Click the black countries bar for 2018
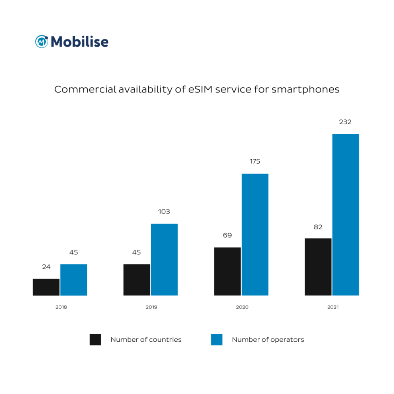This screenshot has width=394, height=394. click(46, 287)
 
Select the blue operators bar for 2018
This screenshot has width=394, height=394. click(74, 280)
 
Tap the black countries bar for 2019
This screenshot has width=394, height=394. click(137, 280)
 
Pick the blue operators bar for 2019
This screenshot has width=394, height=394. click(164, 260)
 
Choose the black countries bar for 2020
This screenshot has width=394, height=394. click(228, 271)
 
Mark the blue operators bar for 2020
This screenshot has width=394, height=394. click(255, 234)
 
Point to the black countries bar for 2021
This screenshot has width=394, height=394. click(318, 267)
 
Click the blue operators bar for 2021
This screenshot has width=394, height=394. click(345, 215)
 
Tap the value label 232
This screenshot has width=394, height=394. click(345, 122)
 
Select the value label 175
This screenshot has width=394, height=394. click(255, 161)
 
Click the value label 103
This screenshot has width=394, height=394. click(164, 211)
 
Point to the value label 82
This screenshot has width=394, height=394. click(318, 227)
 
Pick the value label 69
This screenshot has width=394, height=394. click(228, 235)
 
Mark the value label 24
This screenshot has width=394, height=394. click(46, 267)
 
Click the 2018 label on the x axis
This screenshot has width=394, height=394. click(61, 307)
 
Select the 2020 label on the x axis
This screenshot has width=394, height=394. click(242, 307)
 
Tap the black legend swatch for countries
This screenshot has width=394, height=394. click(95, 340)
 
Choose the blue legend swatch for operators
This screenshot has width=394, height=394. click(217, 340)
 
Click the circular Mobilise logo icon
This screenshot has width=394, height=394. click(41, 41)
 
